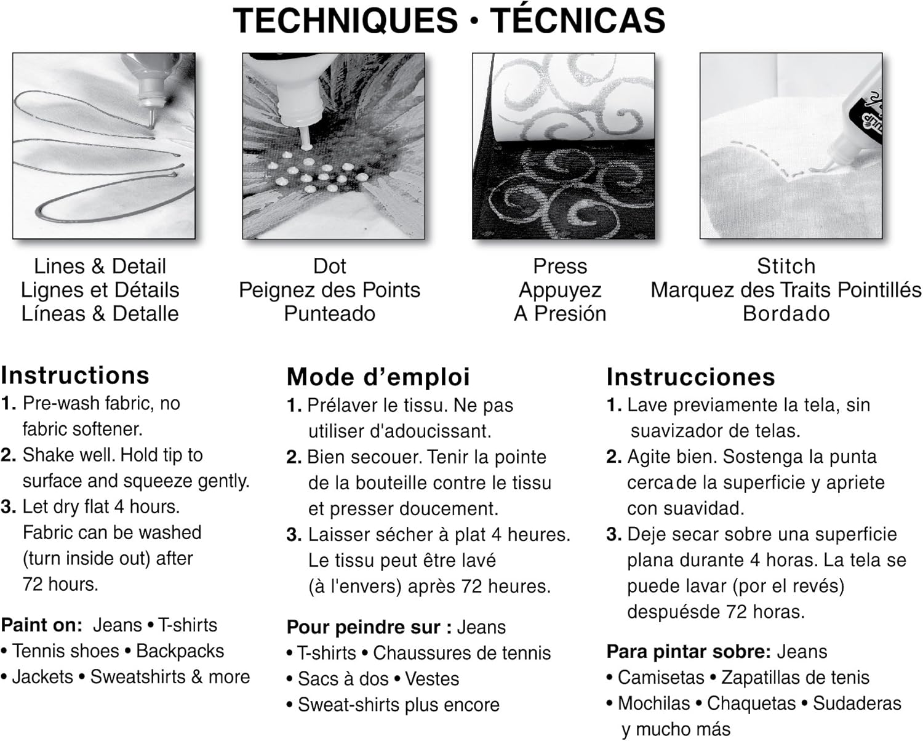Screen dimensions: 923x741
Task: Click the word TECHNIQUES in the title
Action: tap(346, 20)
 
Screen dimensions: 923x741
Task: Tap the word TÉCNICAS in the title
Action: tap(577, 20)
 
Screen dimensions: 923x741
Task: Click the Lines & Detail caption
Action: tap(100, 266)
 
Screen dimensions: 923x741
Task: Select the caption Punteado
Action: tap(329, 314)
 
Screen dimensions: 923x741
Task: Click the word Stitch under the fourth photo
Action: tap(786, 266)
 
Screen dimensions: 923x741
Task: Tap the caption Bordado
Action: tap(786, 314)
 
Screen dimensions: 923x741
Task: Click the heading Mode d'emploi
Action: tap(378, 377)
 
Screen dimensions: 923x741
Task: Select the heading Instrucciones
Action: tap(690, 377)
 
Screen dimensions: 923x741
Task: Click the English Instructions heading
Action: tap(75, 375)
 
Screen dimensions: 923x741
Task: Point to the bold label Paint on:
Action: tap(41, 625)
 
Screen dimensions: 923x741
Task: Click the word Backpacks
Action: tap(180, 651)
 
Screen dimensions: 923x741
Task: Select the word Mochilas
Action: tap(653, 703)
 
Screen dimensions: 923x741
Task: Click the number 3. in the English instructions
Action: tap(9, 507)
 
